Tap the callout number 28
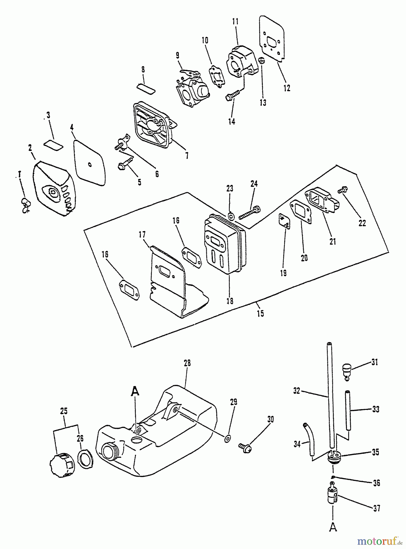(x=187, y=363)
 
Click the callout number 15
(x=260, y=314)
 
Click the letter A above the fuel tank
(x=135, y=391)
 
